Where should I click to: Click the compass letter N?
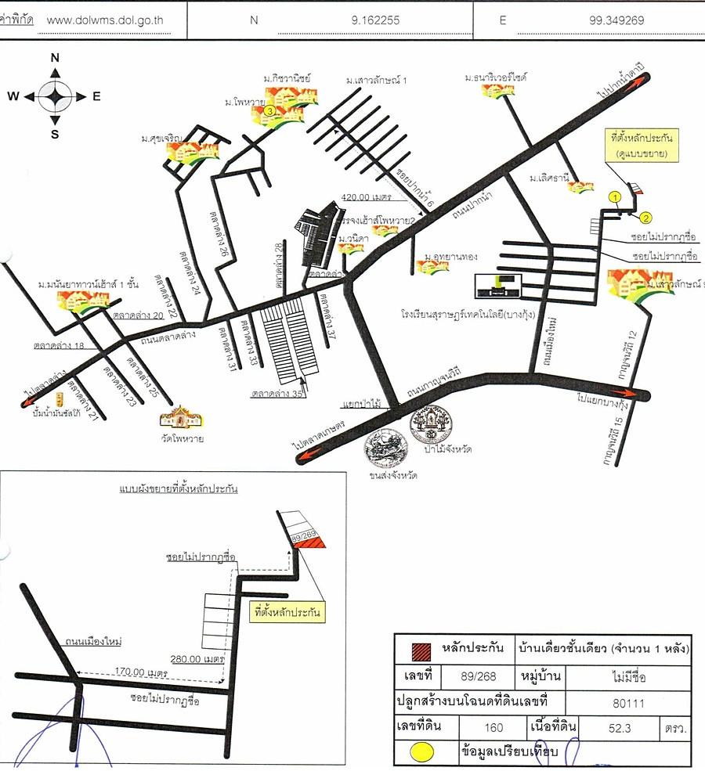pyautogui.click(x=56, y=57)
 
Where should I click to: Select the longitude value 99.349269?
pyautogui.click(x=616, y=20)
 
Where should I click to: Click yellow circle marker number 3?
pyautogui.click(x=269, y=112)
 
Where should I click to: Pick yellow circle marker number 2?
pyautogui.click(x=646, y=217)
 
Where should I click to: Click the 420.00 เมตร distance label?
pyautogui.click(x=366, y=196)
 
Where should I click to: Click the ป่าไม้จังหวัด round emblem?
pyautogui.click(x=430, y=425)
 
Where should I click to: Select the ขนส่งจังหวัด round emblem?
pyautogui.click(x=385, y=447)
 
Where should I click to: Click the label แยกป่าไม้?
pyautogui.click(x=361, y=405)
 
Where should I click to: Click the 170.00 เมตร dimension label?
pyautogui.click(x=141, y=672)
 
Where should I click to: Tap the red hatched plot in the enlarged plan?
pyautogui.click(x=313, y=540)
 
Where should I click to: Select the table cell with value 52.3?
pyautogui.click(x=619, y=728)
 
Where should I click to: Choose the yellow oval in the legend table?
pyautogui.click(x=424, y=752)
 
